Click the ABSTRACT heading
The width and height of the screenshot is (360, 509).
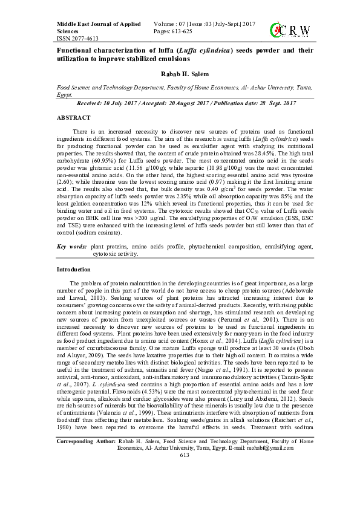73,117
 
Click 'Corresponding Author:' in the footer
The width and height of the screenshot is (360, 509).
84,475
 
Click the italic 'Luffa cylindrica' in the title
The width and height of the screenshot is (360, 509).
199,51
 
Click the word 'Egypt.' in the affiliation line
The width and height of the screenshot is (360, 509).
65,95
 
